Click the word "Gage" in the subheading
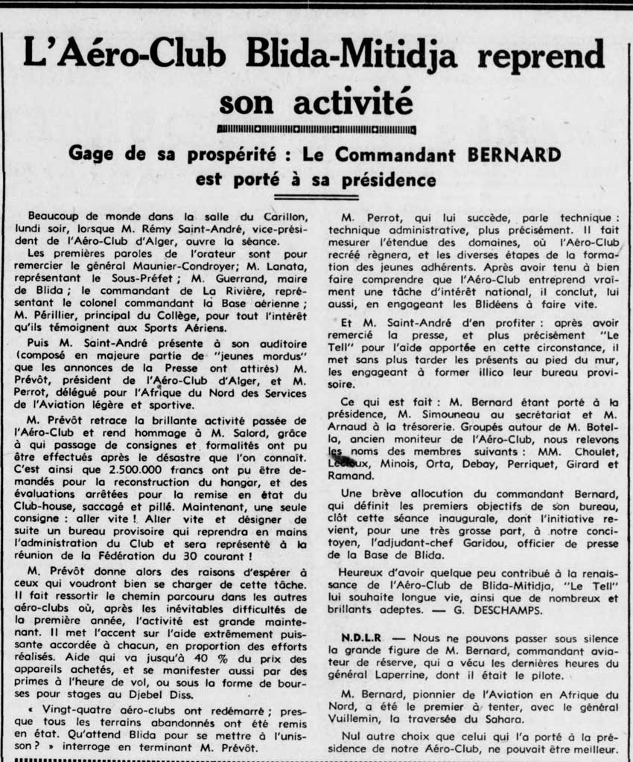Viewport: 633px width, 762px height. coord(94,155)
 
